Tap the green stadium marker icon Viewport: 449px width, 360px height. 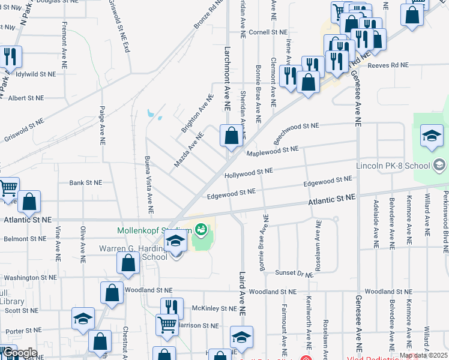201,229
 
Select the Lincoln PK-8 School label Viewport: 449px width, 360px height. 393,166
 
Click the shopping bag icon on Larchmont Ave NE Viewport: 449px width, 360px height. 231,137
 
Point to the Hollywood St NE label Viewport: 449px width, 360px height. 249,173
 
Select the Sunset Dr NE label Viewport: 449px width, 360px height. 294,273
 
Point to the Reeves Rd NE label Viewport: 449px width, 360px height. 388,65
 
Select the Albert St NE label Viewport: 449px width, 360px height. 26,98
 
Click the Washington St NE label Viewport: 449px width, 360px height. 30,278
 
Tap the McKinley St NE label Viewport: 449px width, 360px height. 215,308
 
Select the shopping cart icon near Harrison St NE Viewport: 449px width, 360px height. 167,325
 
